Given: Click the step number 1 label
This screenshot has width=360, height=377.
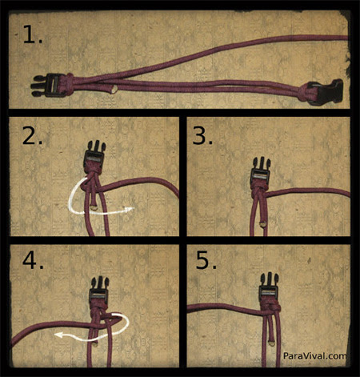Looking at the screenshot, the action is point(33,34).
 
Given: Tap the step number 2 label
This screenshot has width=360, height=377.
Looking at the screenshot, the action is point(32,135).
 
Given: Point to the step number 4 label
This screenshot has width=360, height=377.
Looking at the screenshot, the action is point(33,260).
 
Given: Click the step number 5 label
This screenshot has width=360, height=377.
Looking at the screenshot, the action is point(206,260).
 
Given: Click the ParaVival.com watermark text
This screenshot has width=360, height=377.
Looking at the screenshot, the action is point(314,355).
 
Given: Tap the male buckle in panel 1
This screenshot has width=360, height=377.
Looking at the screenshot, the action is point(47,86).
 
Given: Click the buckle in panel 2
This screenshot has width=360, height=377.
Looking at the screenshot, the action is point(94,155).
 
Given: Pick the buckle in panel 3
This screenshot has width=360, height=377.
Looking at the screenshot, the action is point(261,171).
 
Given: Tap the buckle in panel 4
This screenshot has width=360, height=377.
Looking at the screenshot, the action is point(99,291).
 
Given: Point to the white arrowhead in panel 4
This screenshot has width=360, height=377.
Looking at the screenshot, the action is point(58,335).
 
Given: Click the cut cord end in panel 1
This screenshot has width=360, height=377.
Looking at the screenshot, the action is point(114,90).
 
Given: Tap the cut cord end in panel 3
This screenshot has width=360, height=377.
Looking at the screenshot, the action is point(263,224).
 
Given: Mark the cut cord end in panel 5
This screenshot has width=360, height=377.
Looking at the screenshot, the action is point(272,343).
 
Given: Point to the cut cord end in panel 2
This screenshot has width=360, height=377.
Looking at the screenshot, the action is point(94,207).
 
